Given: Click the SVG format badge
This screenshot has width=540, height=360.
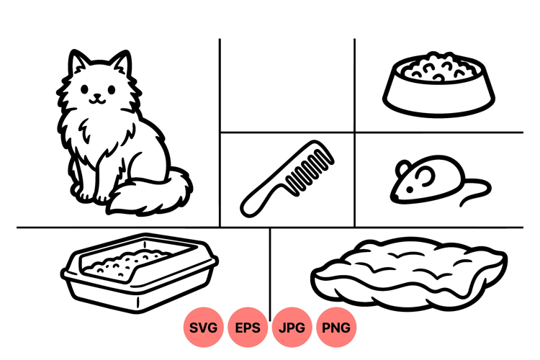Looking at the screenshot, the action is [203, 327].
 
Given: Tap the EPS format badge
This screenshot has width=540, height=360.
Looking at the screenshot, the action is [248, 327].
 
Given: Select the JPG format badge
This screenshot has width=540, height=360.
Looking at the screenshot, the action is [292, 327].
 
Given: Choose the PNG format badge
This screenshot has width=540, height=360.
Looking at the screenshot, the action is [336, 327].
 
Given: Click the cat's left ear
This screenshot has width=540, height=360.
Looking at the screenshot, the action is [77, 61].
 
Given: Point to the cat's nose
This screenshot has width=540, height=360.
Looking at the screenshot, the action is [98, 95].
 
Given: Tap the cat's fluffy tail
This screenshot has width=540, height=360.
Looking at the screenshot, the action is [151, 192].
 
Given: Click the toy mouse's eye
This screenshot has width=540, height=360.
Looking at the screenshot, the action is [410, 189].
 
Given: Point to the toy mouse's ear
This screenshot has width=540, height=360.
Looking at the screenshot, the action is [403, 168].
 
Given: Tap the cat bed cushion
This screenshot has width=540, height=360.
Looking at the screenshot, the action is [409, 272].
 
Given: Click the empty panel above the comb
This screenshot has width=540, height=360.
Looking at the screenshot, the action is [287, 85].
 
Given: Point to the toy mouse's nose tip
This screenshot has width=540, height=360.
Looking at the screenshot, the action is [392, 197].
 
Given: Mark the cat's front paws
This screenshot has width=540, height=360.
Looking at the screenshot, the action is [91, 196].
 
